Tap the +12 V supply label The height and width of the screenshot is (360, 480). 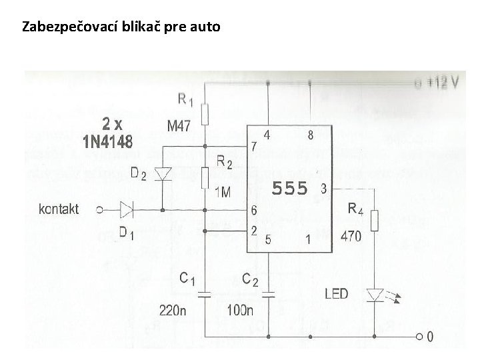(x=443, y=83)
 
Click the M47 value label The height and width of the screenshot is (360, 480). (x=177, y=126)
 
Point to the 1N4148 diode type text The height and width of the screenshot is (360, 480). (x=107, y=141)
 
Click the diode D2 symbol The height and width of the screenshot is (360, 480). (x=163, y=174)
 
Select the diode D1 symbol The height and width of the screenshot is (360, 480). (x=126, y=209)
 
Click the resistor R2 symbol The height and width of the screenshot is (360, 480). (x=205, y=179)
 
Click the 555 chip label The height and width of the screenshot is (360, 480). (x=289, y=189)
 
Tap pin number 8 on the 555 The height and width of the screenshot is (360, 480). (x=311, y=135)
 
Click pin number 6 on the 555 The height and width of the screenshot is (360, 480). (x=254, y=210)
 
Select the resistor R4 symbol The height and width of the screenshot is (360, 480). (x=375, y=221)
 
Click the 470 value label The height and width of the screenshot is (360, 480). (x=351, y=235)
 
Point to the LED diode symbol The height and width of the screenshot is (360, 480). (x=375, y=293)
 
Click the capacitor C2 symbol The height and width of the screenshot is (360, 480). (x=269, y=293)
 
